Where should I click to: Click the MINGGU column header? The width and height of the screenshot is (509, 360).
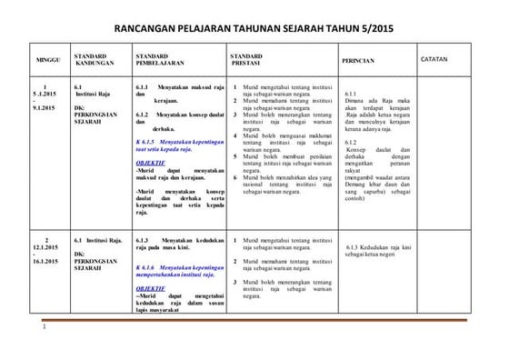pos(47,60)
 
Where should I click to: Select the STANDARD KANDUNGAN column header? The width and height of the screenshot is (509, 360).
pos(94,60)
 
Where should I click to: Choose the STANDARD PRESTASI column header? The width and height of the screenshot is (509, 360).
pos(250,60)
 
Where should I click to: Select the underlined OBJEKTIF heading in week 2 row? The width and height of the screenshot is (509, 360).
pos(149,287)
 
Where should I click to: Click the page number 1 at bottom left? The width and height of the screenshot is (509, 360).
pos(43,340)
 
